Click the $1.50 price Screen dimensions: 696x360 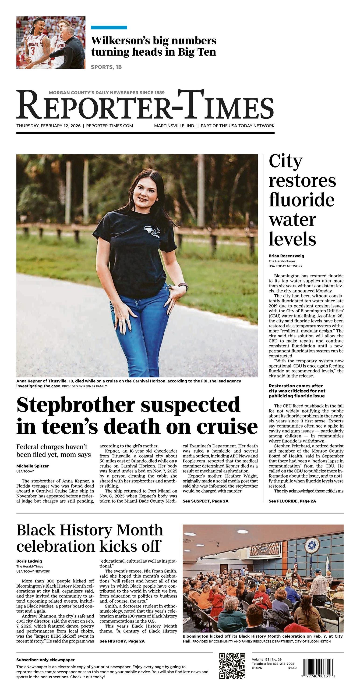tap(292, 668)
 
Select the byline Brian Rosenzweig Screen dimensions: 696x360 tap(286, 256)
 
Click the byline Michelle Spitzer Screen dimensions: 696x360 tap(32, 466)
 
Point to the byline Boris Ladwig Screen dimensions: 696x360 tap(29, 561)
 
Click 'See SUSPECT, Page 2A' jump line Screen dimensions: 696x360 tap(205, 501)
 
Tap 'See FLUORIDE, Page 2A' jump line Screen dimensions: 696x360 tap(292, 501)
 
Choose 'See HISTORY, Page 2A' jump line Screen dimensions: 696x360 tap(122, 641)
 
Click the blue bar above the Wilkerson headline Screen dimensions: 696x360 tap(109, 28)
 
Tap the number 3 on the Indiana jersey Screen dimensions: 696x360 tap(33, 50)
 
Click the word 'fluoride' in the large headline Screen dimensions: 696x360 tap(301, 200)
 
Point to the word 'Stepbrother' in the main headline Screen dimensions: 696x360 tap(75, 405)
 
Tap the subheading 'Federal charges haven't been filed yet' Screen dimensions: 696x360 tap(53, 450)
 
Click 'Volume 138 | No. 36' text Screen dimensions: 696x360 tap(267, 660)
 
